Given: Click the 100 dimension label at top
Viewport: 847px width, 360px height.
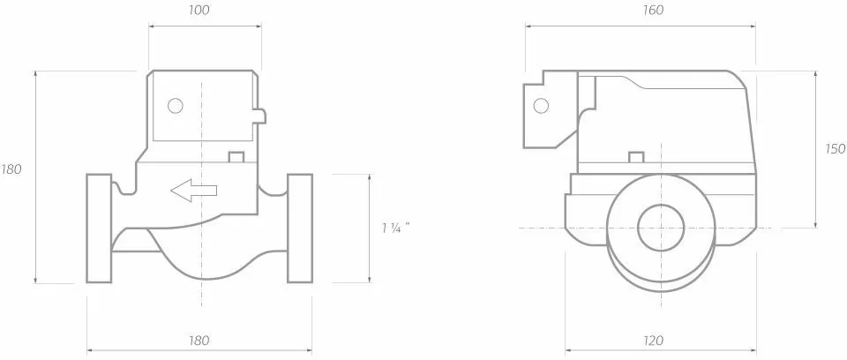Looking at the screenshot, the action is pyautogui.click(x=200, y=11).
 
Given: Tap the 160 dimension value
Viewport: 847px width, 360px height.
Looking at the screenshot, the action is pyautogui.click(x=653, y=11).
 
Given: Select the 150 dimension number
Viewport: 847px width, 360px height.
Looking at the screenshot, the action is pyautogui.click(x=836, y=149).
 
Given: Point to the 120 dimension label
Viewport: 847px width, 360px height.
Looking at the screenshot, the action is pyautogui.click(x=653, y=341).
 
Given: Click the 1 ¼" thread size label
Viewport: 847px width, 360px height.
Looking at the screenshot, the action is pyautogui.click(x=393, y=229).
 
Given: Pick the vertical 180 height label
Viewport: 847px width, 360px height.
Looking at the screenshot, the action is pyautogui.click(x=11, y=169).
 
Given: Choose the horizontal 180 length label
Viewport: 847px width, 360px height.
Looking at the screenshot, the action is pyautogui.click(x=199, y=341).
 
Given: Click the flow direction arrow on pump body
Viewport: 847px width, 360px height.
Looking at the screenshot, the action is pyautogui.click(x=194, y=191).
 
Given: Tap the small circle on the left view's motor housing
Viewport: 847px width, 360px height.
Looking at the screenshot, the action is pyautogui.click(x=176, y=106).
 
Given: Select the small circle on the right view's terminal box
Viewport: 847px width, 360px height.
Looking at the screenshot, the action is pyautogui.click(x=541, y=106).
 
